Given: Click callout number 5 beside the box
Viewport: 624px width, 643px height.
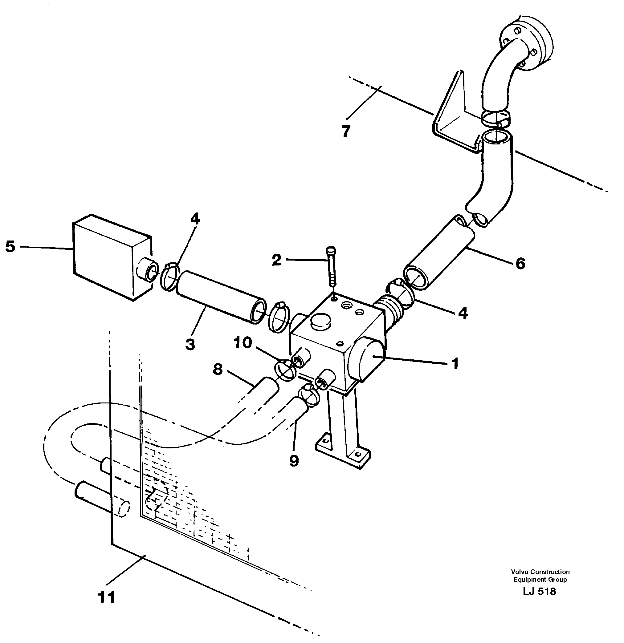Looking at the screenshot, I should tap(10, 246).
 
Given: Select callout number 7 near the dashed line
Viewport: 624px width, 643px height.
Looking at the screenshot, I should tap(346, 131).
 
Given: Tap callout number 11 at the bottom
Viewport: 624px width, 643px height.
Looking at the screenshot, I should tap(107, 597).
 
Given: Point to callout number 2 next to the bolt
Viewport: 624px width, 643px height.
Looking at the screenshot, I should tap(277, 260).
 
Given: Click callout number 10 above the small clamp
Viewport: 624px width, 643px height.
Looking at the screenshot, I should tap(243, 343).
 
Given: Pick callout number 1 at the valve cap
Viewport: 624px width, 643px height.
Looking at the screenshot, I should tap(455, 364).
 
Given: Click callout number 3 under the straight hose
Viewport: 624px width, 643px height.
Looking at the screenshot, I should tap(190, 345).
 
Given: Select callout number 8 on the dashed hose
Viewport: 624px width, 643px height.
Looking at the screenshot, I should tap(218, 370).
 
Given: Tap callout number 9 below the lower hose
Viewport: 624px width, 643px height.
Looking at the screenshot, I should tap(294, 461).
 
